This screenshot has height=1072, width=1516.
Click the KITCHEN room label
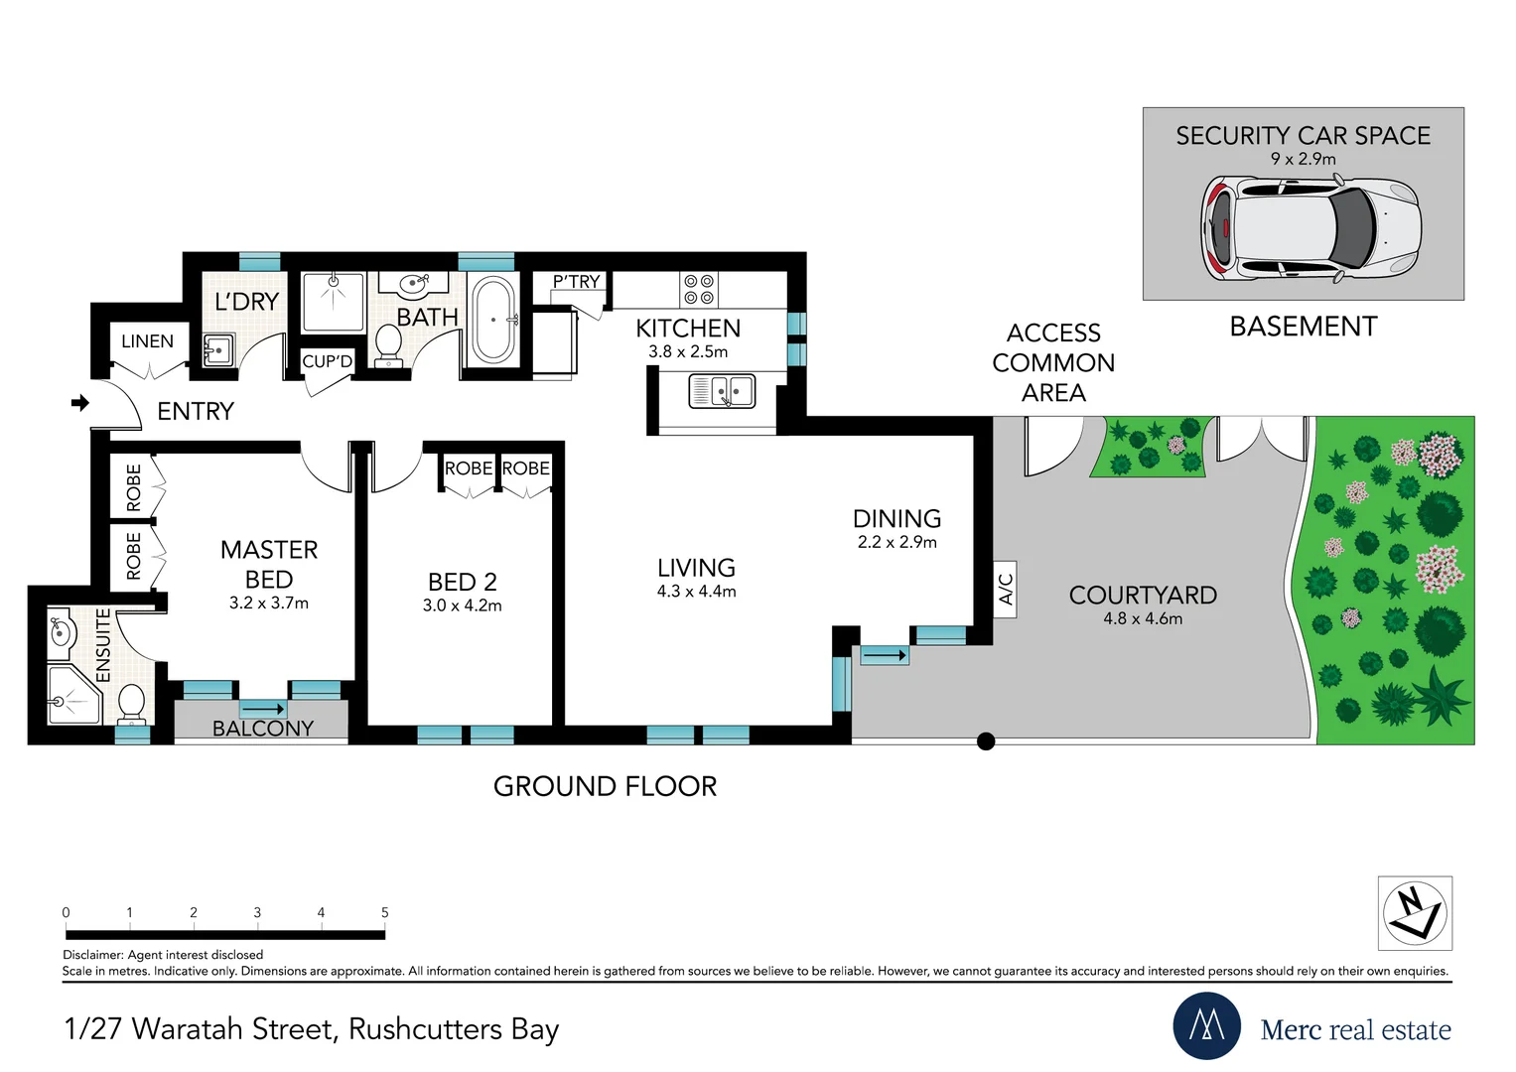pos(688,329)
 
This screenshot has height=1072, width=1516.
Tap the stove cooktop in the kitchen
pos(699,290)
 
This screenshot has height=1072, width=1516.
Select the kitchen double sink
pos(722,391)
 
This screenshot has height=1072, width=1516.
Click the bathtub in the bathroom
pos(494,320)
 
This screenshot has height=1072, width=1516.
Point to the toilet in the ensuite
pos(131,703)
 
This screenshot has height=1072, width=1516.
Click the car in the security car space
pos(1310,228)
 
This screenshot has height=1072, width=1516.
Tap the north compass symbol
pos(1415,913)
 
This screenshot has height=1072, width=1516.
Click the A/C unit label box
pos(1005,589)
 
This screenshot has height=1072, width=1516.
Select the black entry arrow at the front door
pos(79,403)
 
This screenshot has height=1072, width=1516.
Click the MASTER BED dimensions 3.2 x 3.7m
pos(269,603)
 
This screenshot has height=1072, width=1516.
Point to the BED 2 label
pos(463,582)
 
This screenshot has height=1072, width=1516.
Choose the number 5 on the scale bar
pos(385,912)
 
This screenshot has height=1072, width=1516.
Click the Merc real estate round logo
pos(1206,1025)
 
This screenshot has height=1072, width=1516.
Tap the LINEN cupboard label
pos(148,341)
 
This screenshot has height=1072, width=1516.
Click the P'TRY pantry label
pos(576,282)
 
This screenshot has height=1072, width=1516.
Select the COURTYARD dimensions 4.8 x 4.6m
pos(1143,618)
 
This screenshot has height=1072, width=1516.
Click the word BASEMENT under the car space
pos(1304,327)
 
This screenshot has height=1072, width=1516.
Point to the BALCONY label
pos(262,729)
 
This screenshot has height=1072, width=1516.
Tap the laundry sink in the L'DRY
pos(218,350)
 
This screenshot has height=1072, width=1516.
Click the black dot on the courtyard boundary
pos(986,741)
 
